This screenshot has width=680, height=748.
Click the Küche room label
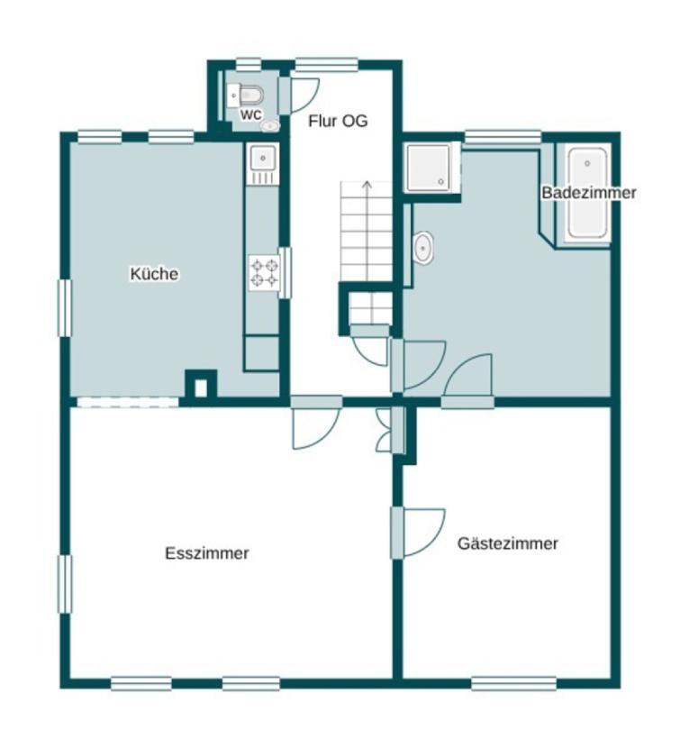(154, 274)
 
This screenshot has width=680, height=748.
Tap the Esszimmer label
(207, 553)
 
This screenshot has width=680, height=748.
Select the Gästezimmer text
(508, 543)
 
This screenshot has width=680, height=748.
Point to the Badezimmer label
(589, 193)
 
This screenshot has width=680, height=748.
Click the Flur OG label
(338, 121)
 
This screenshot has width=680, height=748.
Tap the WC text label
(250, 115)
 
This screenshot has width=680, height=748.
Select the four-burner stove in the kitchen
(265, 272)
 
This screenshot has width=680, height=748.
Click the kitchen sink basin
(262, 158)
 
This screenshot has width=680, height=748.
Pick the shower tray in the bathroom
(428, 167)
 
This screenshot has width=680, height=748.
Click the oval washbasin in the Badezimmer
(422, 248)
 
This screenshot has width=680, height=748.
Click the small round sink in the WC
(270, 125)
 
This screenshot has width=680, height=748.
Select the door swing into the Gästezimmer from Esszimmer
(424, 533)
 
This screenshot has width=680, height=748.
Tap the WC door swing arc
(305, 96)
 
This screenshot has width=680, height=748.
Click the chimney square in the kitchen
(201, 385)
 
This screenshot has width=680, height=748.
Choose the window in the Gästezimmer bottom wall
(513, 683)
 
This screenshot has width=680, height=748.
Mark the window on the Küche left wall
(65, 308)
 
